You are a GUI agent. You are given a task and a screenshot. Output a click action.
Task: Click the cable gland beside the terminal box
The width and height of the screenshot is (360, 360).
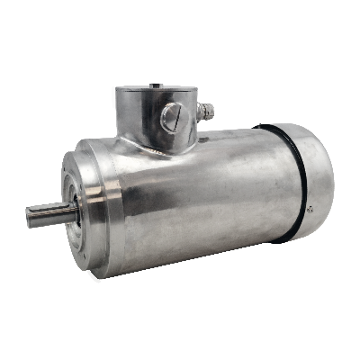coord(207,112)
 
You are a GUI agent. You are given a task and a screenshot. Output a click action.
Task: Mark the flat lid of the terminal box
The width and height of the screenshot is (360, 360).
coord(155,90)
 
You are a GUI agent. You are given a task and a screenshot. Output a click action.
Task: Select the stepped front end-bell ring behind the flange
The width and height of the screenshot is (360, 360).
coord(112,207)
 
